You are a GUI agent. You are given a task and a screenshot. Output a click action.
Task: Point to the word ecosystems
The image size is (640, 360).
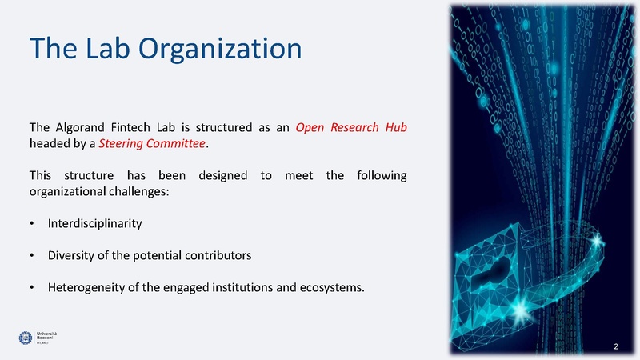point(330,288)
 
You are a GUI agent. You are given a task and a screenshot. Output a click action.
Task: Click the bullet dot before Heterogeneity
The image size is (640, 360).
point(32,288)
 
